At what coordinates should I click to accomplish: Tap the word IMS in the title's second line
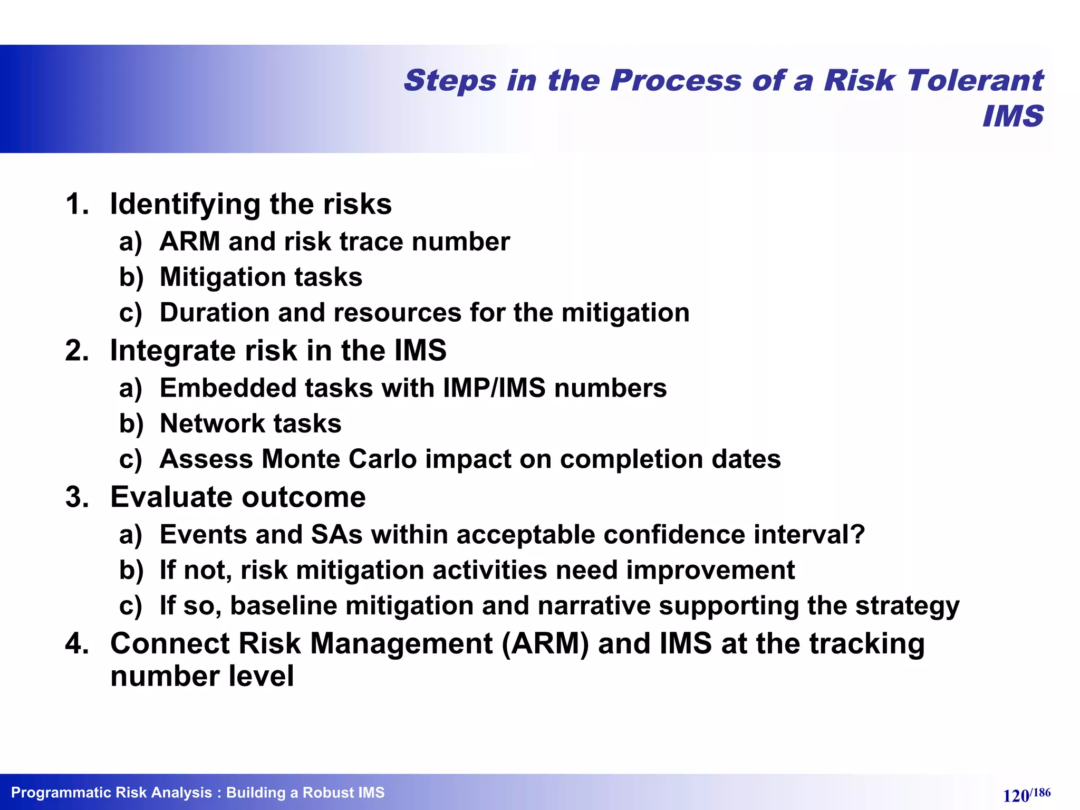click(1013, 116)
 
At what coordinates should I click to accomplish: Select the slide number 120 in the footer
click(1016, 795)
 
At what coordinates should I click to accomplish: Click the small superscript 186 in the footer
click(1040, 792)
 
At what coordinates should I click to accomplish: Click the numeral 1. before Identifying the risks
click(77, 204)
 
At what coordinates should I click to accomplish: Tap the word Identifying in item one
click(185, 204)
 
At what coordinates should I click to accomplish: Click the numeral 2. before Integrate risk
click(77, 351)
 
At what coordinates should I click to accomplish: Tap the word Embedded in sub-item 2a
click(228, 389)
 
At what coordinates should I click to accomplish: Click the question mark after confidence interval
click(857, 535)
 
